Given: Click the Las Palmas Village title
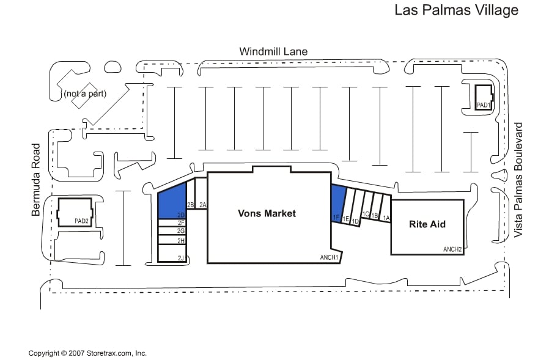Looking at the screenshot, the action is click(x=456, y=10).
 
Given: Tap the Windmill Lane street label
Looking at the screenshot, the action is click(x=273, y=51).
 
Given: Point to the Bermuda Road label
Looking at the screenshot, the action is click(x=35, y=180).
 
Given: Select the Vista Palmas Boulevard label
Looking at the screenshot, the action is click(x=518, y=180).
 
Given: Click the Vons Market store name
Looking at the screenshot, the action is click(x=267, y=213).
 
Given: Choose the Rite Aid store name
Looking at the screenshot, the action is click(x=427, y=224).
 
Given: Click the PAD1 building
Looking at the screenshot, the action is click(x=484, y=98).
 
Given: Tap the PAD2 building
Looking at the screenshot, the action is click(x=75, y=212).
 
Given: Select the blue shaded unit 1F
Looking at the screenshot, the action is click(x=337, y=204).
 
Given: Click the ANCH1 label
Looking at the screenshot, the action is click(x=329, y=257).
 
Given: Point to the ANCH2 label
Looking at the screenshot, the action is click(x=452, y=249).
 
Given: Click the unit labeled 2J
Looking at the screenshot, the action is click(x=172, y=254).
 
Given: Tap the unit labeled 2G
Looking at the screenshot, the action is click(x=172, y=231).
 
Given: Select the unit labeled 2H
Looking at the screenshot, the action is click(x=172, y=240).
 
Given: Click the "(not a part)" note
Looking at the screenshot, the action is click(x=85, y=94).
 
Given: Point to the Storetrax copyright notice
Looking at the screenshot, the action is click(x=87, y=353).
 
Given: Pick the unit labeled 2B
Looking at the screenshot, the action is click(x=191, y=194).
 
